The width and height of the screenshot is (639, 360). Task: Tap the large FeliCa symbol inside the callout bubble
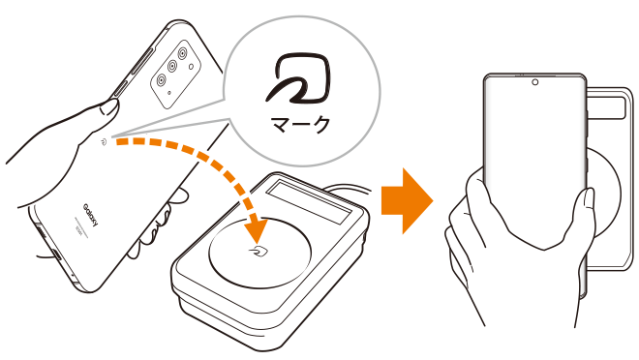tap(299, 77)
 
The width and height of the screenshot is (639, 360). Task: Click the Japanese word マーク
tap(301, 125)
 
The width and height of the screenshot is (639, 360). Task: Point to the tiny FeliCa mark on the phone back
tap(104, 141)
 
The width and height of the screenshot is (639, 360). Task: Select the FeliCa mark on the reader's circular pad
tap(259, 252)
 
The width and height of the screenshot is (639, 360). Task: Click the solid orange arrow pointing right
tap(407, 200)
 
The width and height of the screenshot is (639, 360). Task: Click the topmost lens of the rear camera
tap(183, 53)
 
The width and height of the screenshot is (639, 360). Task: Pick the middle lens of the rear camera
tap(172, 66)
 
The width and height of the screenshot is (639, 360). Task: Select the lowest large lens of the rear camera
tap(162, 79)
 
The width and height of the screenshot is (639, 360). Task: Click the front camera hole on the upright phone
tap(535, 82)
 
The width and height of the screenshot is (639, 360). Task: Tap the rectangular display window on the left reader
tap(308, 201)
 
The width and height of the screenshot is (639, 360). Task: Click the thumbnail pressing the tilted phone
tap(109, 108)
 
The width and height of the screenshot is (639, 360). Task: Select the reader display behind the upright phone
tap(605, 107)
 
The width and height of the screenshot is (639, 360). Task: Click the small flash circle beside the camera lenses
tap(191, 67)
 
